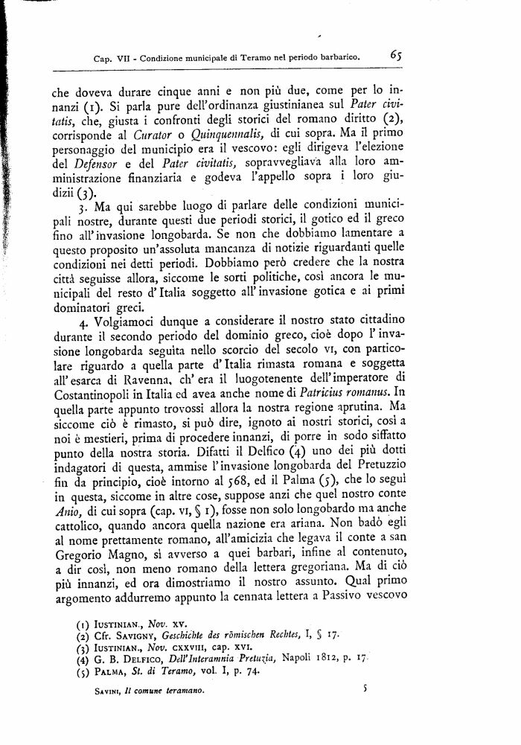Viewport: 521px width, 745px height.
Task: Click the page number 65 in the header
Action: (395, 54)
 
